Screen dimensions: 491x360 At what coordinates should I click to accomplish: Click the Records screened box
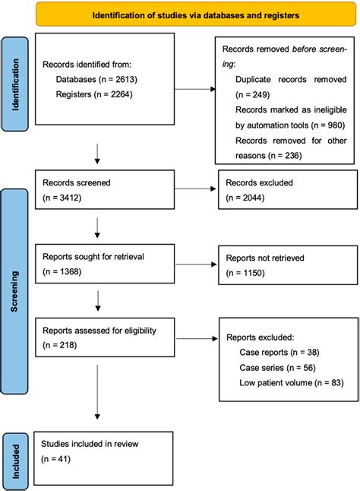tap(102, 191)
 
